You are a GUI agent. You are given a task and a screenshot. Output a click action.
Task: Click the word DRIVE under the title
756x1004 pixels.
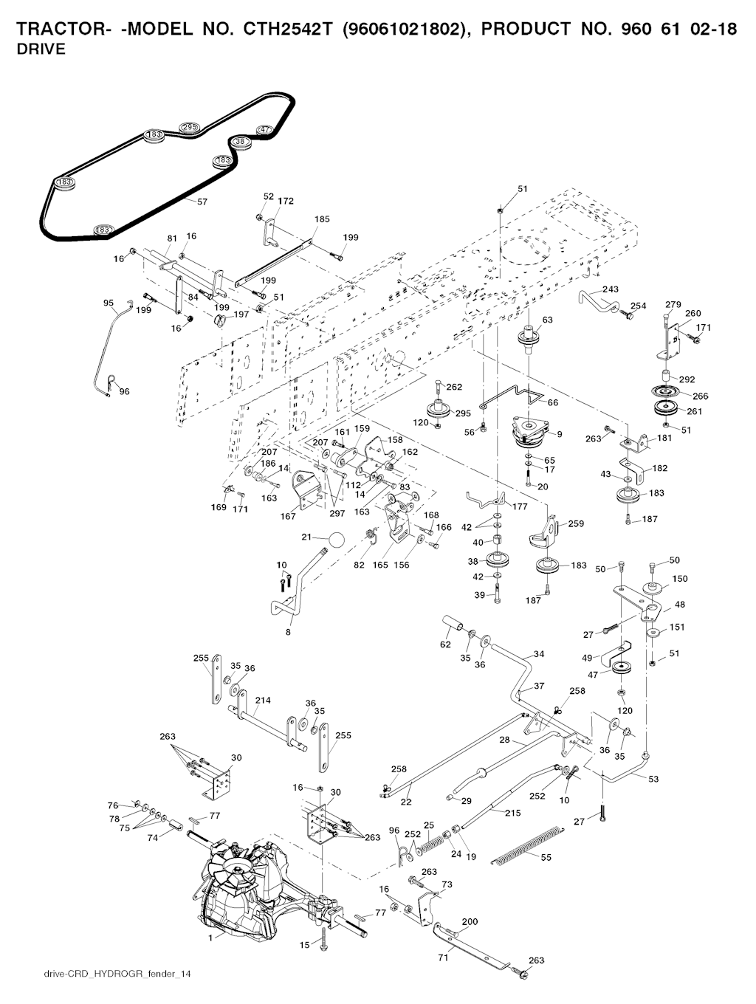coord(41,49)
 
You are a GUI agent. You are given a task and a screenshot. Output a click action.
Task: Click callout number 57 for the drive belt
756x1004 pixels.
coord(202,201)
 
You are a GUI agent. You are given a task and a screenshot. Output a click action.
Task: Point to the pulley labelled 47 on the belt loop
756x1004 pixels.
coord(264,131)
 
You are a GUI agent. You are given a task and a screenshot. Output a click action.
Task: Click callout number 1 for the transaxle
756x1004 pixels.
coord(212,937)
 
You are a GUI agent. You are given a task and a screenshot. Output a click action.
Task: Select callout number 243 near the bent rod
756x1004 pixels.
coord(611,289)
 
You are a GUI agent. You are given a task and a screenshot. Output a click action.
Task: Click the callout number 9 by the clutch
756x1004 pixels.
coord(560,434)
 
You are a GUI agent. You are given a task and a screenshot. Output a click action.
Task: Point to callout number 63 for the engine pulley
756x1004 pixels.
coord(547,320)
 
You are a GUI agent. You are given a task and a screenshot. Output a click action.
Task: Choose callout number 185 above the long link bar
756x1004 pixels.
coord(322,219)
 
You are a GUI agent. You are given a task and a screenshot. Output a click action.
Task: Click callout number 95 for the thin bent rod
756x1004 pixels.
coord(109,303)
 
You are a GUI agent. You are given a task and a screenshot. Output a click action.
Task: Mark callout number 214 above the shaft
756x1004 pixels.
coord(262,700)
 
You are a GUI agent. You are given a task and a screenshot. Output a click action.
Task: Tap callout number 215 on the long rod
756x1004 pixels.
coord(512,813)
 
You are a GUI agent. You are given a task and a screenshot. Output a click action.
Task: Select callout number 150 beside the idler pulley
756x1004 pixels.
coord(680,579)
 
